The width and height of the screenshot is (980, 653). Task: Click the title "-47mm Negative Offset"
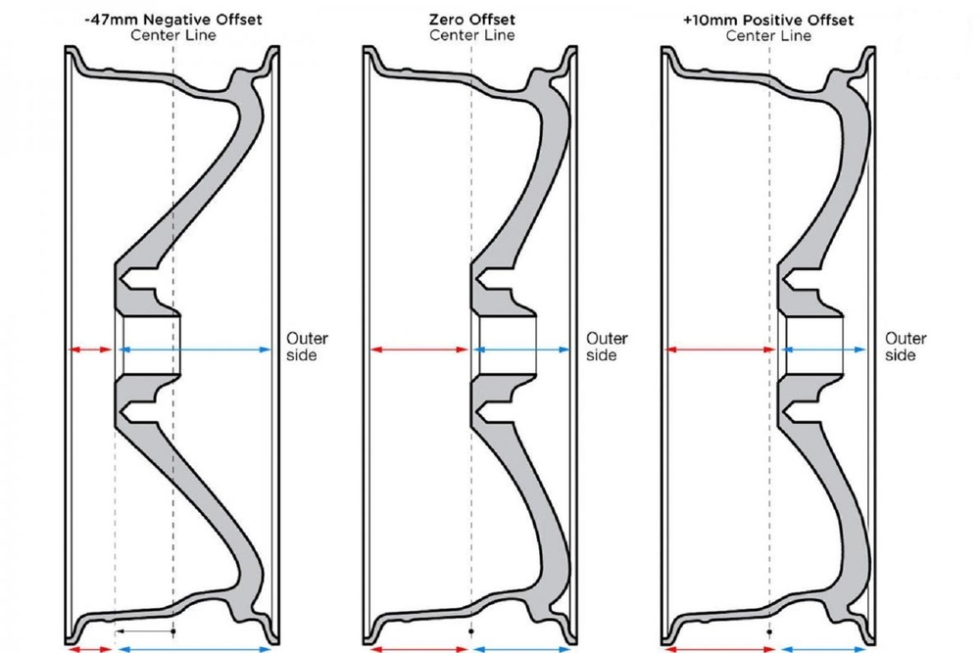[x=173, y=20]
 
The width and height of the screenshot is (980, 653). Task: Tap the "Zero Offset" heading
[x=472, y=20]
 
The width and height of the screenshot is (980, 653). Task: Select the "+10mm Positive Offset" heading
[x=768, y=20]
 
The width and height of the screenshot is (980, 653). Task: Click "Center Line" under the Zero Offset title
[x=472, y=35]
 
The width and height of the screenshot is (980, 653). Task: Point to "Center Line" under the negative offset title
[x=173, y=35]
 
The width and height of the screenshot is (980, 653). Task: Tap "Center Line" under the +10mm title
[x=768, y=35]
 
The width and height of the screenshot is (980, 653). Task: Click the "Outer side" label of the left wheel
[x=307, y=347]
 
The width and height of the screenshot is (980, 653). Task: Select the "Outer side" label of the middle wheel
[x=607, y=347]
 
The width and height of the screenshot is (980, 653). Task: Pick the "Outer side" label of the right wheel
[x=906, y=347]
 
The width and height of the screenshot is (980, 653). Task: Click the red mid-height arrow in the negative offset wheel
[x=90, y=350]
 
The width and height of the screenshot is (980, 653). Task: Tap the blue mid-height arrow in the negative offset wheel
[x=195, y=350]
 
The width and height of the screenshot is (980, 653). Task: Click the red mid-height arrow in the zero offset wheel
[x=419, y=350]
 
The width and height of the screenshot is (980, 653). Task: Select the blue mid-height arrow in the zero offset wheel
[x=522, y=350]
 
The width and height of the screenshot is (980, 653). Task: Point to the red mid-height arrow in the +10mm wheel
[x=720, y=350]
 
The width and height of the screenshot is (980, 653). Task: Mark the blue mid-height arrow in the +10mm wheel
[x=824, y=350]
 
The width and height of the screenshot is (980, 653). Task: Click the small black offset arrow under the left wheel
[x=145, y=631]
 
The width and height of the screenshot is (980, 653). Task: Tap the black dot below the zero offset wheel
[x=471, y=631]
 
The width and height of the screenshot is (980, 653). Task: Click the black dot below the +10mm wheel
[x=769, y=631]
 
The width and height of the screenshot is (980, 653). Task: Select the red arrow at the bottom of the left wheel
[x=90, y=649]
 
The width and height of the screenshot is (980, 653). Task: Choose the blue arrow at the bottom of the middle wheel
[x=522, y=649]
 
